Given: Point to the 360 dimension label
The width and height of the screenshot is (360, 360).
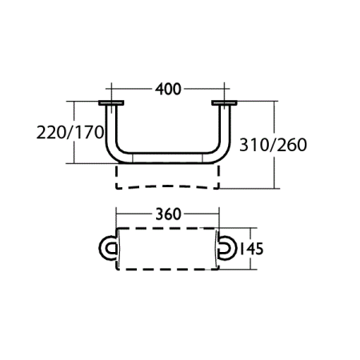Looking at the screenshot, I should tap(167, 214).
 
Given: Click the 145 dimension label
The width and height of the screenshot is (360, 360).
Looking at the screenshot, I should tap(251, 248).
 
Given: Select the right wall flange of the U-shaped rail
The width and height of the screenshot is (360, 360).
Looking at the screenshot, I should tap(226, 103).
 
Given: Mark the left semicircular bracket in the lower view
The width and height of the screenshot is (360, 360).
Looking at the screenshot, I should tap(106, 248).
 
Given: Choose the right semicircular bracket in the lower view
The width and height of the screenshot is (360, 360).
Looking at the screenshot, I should tap(228, 248).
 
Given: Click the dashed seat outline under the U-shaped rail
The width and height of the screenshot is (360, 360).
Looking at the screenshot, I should tap(168, 179).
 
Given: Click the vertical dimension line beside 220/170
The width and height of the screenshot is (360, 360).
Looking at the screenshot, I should tap(74, 152).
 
